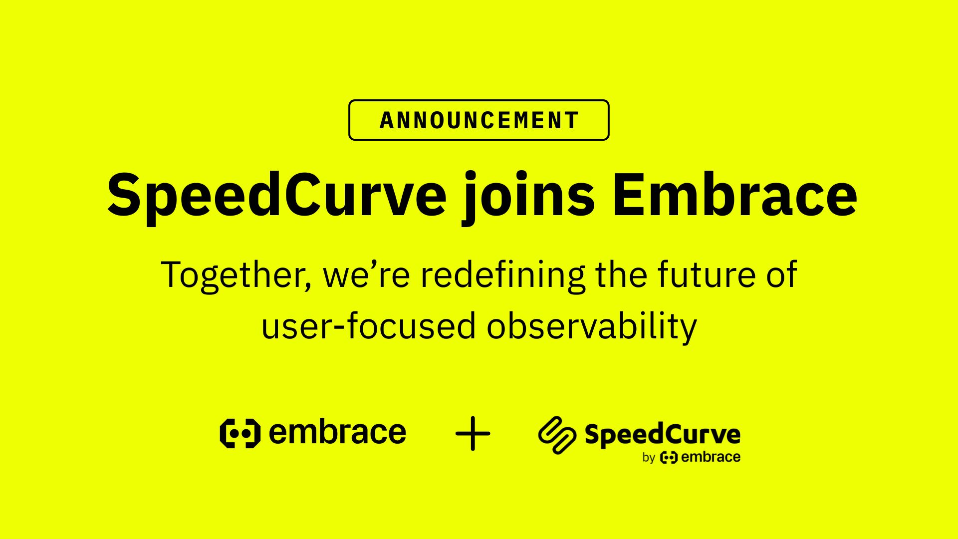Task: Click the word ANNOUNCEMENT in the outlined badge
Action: (x=479, y=120)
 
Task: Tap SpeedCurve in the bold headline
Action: (x=276, y=195)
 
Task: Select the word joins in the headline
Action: (x=529, y=197)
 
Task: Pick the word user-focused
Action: (x=369, y=326)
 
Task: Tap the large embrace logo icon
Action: (x=240, y=433)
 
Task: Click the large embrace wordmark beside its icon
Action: (x=337, y=432)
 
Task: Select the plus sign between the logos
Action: (x=473, y=433)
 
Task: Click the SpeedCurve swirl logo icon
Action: (x=557, y=435)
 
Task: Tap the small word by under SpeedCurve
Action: (x=649, y=458)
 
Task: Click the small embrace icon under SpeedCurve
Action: (x=669, y=457)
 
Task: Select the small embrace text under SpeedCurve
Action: (x=711, y=457)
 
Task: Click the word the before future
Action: (x=621, y=274)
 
